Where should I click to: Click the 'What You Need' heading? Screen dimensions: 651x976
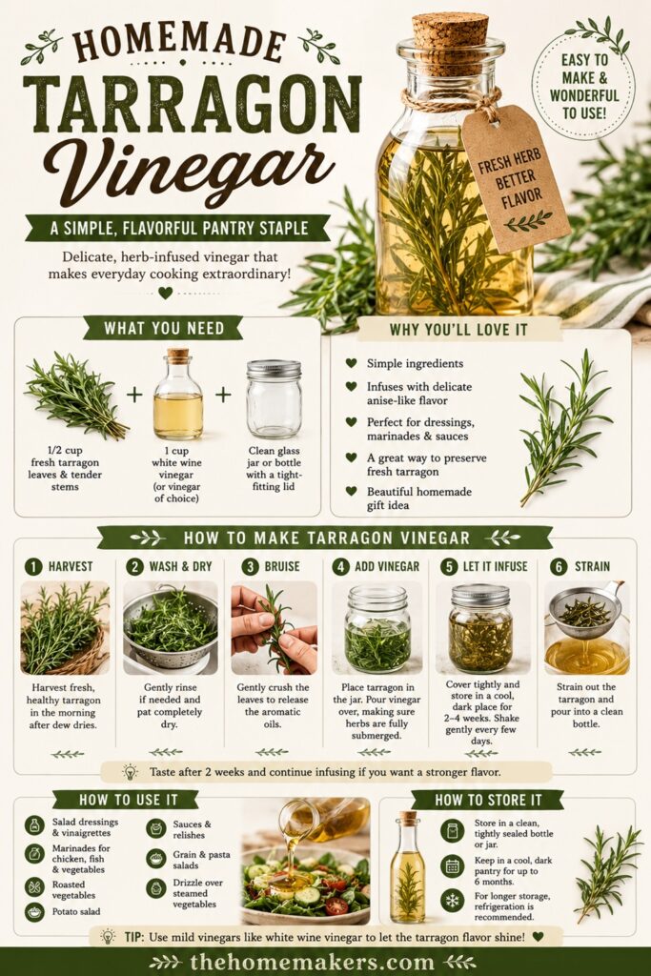pos(164,328)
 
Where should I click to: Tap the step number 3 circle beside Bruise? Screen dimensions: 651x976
pos(250,566)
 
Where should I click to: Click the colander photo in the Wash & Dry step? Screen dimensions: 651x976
pos(170,628)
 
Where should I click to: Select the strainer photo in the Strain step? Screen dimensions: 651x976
pos(587,628)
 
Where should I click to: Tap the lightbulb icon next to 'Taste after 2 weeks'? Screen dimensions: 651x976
pos(130,772)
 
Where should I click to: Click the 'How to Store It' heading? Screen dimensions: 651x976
pos(488,800)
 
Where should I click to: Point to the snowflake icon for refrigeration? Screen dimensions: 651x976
pos(453,901)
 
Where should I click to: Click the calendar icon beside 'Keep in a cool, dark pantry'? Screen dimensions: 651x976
pos(453,865)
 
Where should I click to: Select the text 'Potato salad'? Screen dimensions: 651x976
pos(76,912)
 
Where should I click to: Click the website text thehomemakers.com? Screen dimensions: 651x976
pos(313,962)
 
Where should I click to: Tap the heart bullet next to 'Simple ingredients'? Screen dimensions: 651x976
pos(351,363)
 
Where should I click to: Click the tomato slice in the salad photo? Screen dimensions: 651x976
pos(336,905)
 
